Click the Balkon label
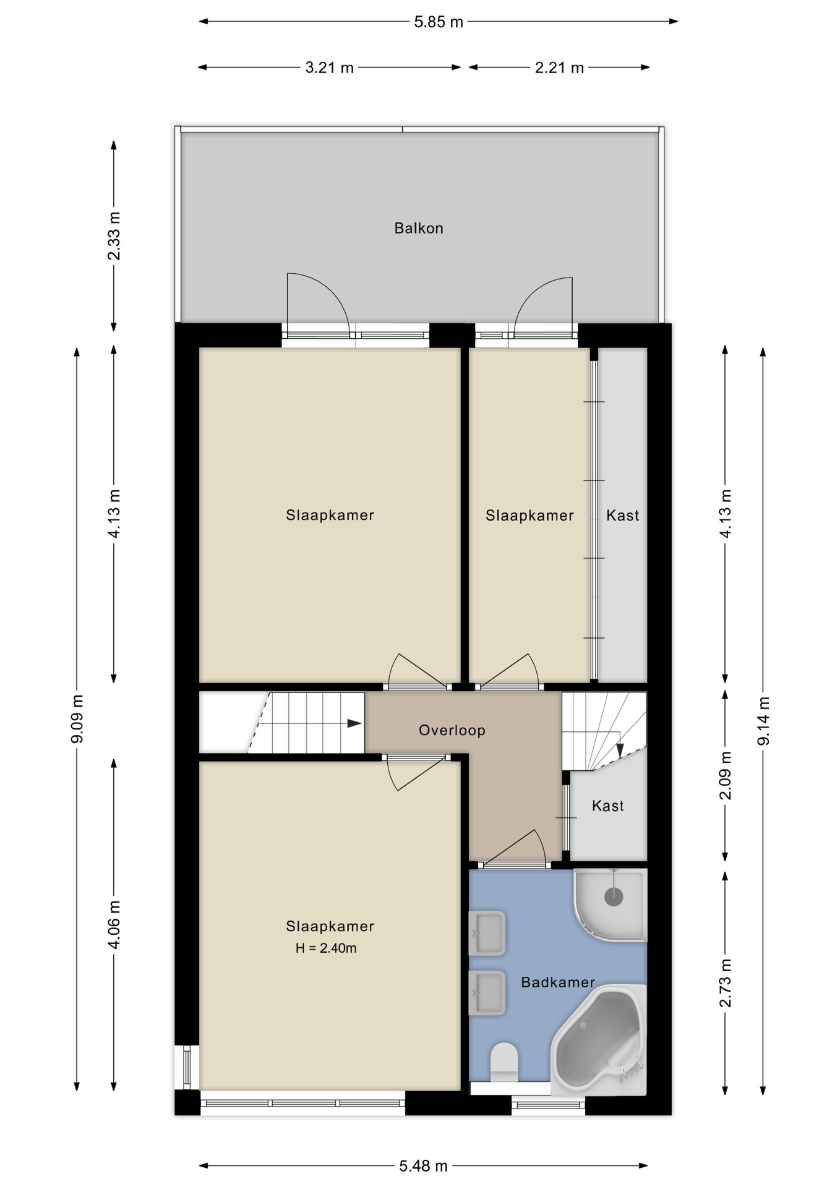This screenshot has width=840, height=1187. click(419, 228)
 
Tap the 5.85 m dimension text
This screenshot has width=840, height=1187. click(439, 22)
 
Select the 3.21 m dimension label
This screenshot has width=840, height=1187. click(329, 67)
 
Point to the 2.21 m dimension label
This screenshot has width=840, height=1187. click(559, 67)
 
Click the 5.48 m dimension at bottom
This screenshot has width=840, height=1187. click(423, 1166)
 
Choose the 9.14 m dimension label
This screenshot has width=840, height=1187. click(763, 720)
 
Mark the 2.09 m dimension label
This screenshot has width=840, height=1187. click(725, 775)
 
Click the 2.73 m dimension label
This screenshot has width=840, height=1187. click(725, 983)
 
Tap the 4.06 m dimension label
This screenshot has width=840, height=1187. click(114, 925)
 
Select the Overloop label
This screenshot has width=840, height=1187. click(452, 730)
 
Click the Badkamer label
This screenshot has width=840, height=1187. click(558, 982)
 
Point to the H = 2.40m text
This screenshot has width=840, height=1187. click(326, 948)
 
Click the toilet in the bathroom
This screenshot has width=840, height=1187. click(504, 1063)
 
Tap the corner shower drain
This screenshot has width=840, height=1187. click(614, 895)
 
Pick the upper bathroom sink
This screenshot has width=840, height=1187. click(487, 933)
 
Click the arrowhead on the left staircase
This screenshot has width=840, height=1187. click(354, 723)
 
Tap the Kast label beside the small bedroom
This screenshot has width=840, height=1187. click(622, 516)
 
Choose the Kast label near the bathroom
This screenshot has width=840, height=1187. click(607, 806)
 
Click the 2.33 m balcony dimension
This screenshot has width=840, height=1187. click(114, 236)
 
